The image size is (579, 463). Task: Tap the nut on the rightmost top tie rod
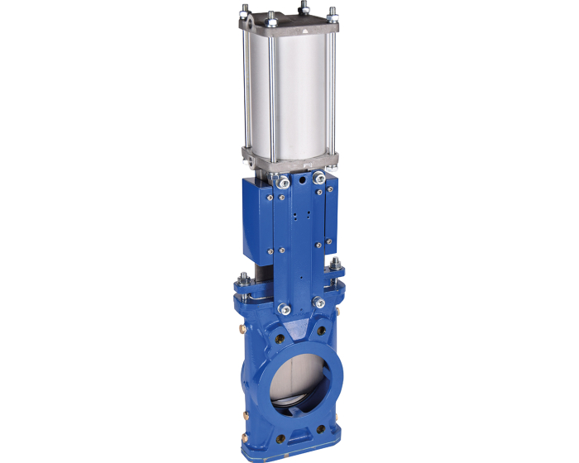click(332, 11)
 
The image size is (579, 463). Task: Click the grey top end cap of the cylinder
click(289, 25)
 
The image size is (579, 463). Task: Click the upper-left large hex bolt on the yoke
click(283, 180)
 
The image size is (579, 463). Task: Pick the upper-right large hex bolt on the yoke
click(318, 177)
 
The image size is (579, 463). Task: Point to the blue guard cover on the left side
click(258, 219)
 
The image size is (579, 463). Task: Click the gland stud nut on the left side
click(246, 279)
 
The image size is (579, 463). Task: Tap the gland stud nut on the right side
click(336, 266)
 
